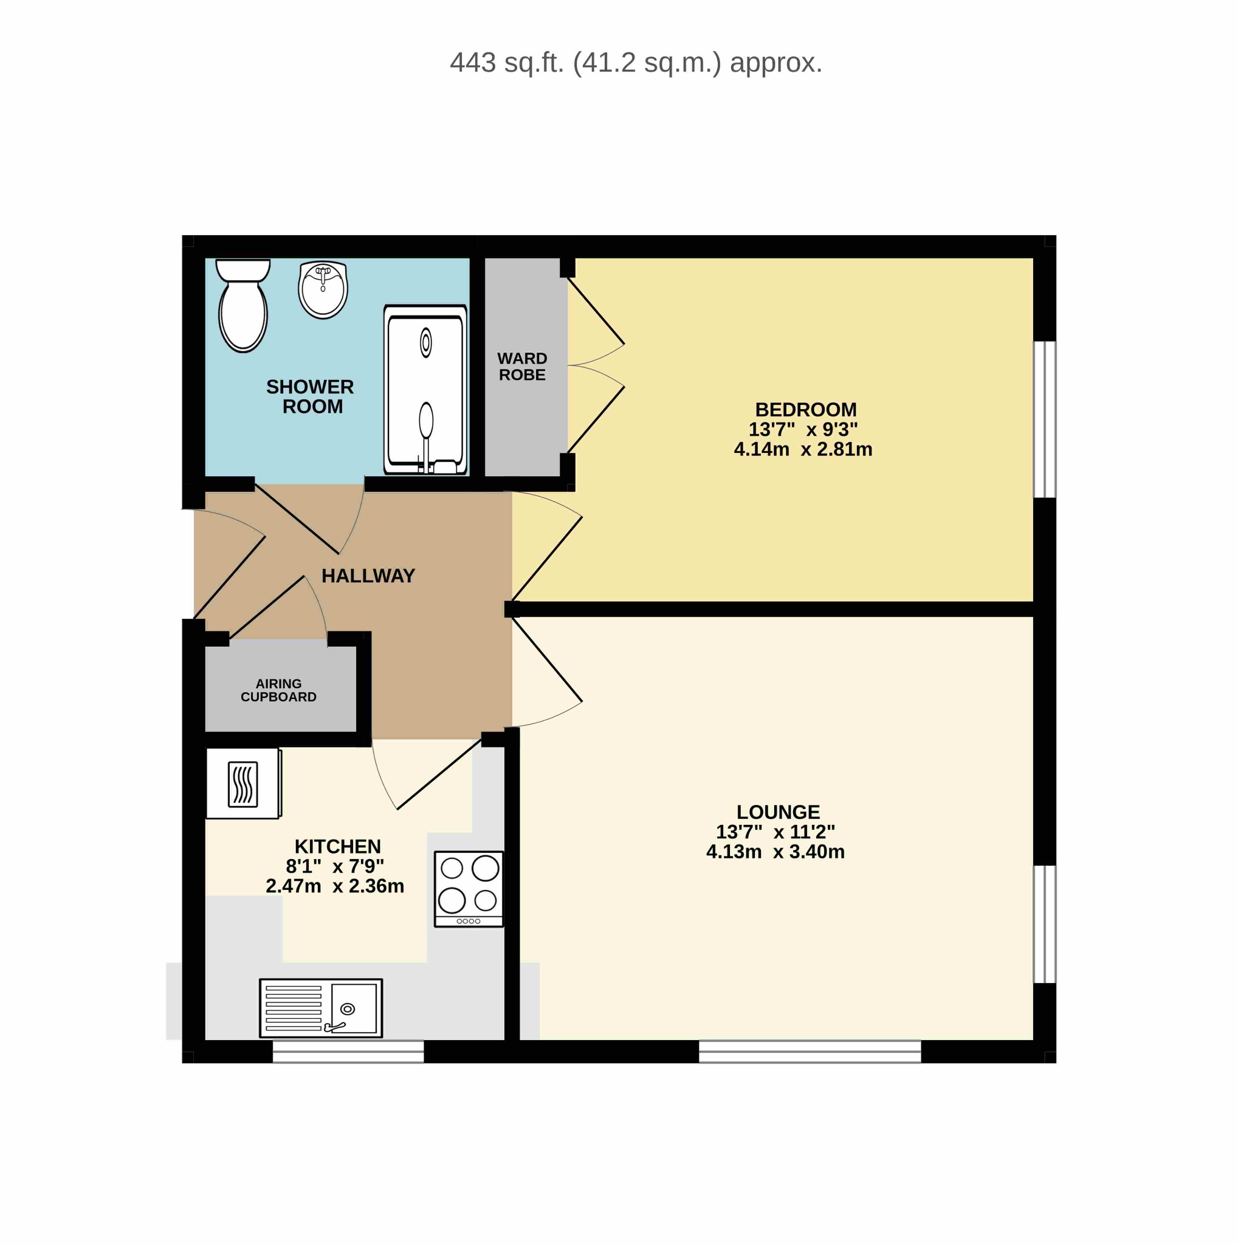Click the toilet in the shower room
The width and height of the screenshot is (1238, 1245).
[x=243, y=305]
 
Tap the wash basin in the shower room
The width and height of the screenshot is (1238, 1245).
[x=323, y=290]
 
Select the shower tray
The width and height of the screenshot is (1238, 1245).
[x=425, y=390]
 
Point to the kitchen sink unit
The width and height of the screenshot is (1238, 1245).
[x=321, y=1009]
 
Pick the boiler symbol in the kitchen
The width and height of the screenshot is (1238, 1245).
[x=243, y=784]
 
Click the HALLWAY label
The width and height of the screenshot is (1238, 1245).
[x=368, y=576]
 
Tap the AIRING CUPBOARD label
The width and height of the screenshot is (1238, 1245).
[x=278, y=690]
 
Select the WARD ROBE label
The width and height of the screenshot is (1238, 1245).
[x=523, y=367]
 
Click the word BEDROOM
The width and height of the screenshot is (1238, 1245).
[x=806, y=409]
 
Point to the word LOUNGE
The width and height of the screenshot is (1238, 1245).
[x=778, y=812]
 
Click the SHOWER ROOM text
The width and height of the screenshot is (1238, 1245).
[x=311, y=396]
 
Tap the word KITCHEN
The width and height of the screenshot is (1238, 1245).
[x=337, y=846]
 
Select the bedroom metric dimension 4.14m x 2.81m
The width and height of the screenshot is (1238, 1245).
[x=803, y=449]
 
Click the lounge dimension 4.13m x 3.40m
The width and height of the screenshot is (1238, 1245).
[x=775, y=851]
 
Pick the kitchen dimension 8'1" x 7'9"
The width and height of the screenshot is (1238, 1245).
[x=335, y=866]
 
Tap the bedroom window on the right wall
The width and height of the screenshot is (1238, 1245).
[x=1045, y=419]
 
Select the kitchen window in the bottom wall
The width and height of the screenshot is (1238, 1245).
[x=348, y=1052]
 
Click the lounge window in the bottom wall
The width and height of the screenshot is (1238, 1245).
[x=810, y=1052]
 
